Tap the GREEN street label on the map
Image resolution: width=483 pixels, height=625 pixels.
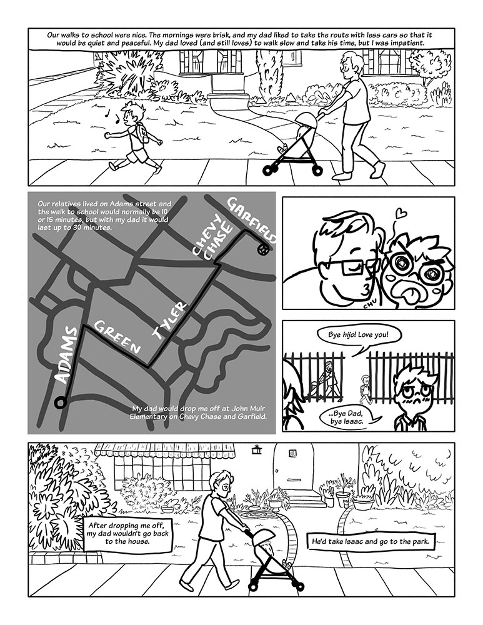pyautogui.click(x=117, y=337)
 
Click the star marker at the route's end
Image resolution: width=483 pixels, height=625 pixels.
pyautogui.click(x=264, y=250)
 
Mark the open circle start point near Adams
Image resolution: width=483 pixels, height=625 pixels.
pyautogui.click(x=60, y=403)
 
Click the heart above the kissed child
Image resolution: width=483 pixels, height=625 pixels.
pyautogui.click(x=402, y=213)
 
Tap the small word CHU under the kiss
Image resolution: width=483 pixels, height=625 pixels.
pyautogui.click(x=373, y=306)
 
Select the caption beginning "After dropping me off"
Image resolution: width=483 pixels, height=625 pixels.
pyautogui.click(x=127, y=534)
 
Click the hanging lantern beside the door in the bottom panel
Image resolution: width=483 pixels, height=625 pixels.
pyautogui.click(x=255, y=449)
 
